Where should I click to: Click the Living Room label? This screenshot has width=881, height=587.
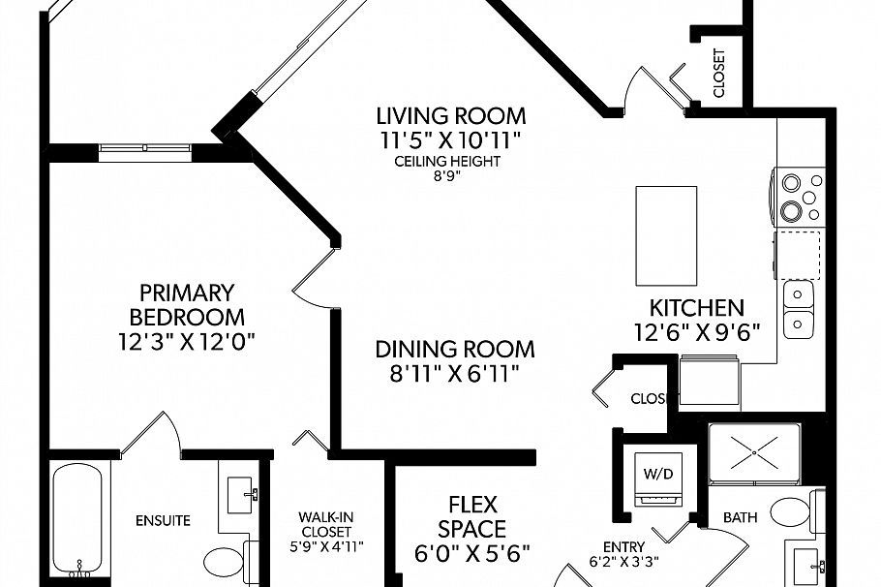pos(451,116)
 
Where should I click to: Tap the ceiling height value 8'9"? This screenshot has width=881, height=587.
pos(447,176)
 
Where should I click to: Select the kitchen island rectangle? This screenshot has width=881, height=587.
pos(665,235)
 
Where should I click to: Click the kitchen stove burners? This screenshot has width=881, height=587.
pos(799,198)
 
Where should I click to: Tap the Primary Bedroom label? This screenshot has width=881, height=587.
pos(187,304)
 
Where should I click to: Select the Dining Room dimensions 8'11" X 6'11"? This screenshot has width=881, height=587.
pos(454,373)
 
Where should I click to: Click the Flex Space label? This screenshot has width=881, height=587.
pos(471,516)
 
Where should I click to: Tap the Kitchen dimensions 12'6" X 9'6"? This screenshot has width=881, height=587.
pos(696,329)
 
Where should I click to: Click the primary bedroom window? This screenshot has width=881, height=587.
pos(144,149)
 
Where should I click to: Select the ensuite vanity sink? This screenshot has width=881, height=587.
pos(240,495)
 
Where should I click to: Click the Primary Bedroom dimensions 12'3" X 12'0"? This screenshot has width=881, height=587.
pos(187,340)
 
